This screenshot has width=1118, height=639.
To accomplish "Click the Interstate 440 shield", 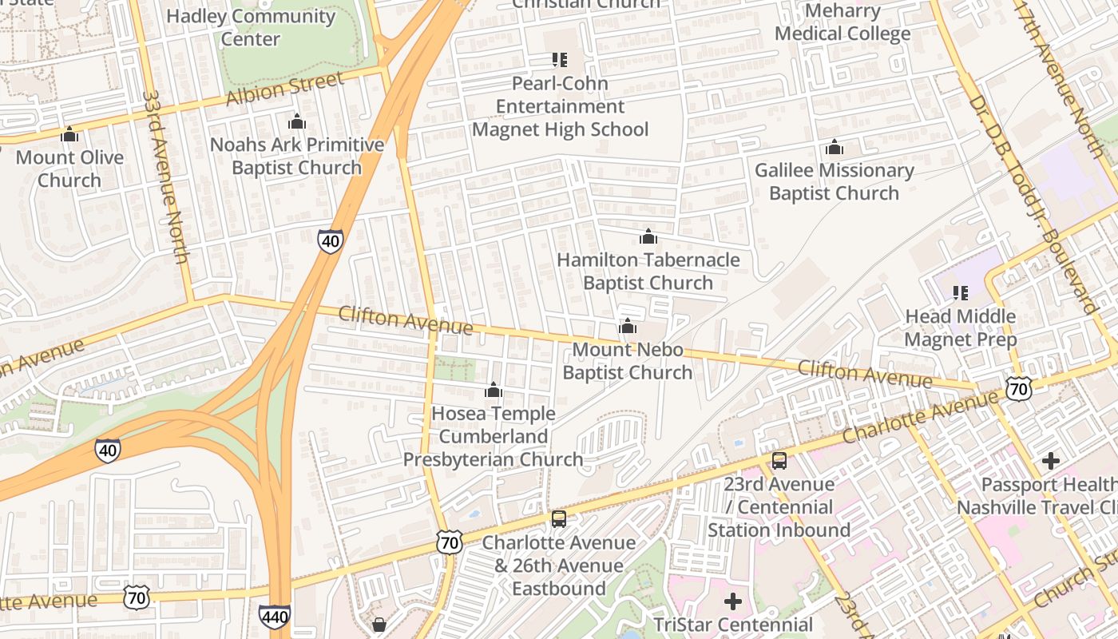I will pos(274,616).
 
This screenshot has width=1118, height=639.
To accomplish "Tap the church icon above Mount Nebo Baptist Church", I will pos(628,327).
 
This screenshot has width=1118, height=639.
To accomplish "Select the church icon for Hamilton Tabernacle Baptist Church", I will pos(648,236).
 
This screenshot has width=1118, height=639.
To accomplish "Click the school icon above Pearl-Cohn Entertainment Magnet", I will pos(560,60).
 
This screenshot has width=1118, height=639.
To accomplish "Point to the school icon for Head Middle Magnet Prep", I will pos(961,293).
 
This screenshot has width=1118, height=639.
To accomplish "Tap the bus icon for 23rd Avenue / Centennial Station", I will pos(779,461).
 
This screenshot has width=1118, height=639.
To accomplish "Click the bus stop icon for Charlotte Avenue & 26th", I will pos(559,519).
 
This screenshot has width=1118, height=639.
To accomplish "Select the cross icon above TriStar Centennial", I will pos(732,601).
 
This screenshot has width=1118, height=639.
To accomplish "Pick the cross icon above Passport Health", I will pos(1051,461).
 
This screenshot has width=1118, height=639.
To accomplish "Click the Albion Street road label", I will pos(285,89).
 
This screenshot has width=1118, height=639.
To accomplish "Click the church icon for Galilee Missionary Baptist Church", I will pos(835,148).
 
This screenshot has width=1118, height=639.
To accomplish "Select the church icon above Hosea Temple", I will pos(494,391).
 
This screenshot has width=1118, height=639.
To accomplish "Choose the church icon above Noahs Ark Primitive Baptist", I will pos(297,122).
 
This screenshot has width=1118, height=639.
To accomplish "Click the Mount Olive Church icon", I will pos(69,135).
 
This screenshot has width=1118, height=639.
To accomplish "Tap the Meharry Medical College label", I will pos(842,22).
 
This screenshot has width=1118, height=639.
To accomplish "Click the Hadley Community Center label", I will pos(251,27).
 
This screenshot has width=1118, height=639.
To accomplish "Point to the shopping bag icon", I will pos(379,624).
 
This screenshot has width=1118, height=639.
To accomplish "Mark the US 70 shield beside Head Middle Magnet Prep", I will pos(1019,389).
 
